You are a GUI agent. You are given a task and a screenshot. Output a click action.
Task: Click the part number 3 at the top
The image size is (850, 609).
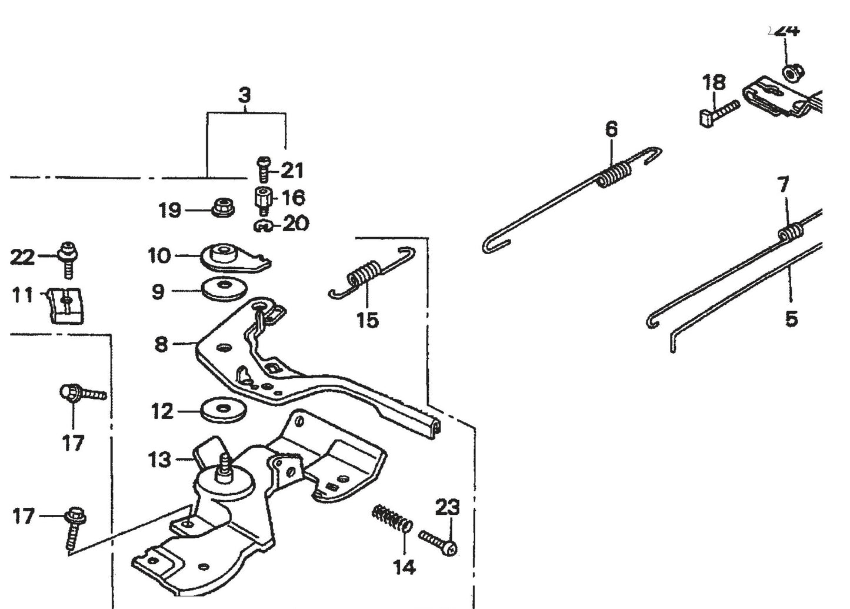pyautogui.click(x=245, y=95)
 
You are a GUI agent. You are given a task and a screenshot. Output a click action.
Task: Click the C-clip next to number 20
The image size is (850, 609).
pyautogui.click(x=262, y=225)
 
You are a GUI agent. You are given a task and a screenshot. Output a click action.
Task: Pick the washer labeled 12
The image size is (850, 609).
pyautogui.click(x=224, y=410)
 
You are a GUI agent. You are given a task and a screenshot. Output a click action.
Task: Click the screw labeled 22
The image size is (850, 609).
pyautogui.click(x=68, y=258)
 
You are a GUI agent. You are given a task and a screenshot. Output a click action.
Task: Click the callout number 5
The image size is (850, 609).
pyautogui.click(x=791, y=320)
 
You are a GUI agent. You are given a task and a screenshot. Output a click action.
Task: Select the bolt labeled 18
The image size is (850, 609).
pyautogui.click(x=719, y=112)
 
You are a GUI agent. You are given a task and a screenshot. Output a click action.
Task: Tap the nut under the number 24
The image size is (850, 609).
pyautogui.click(x=790, y=73)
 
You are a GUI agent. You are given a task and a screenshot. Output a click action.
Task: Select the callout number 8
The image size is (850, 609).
pyautogui.click(x=161, y=344)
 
